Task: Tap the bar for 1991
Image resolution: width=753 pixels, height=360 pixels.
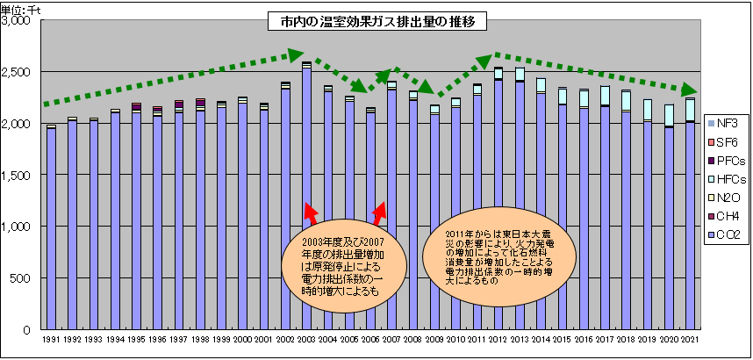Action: pyautogui.click(x=51, y=228)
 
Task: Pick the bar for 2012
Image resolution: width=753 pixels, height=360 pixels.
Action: pyautogui.click(x=498, y=202)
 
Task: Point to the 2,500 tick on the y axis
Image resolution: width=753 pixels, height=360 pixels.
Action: pyautogui.click(x=18, y=71)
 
